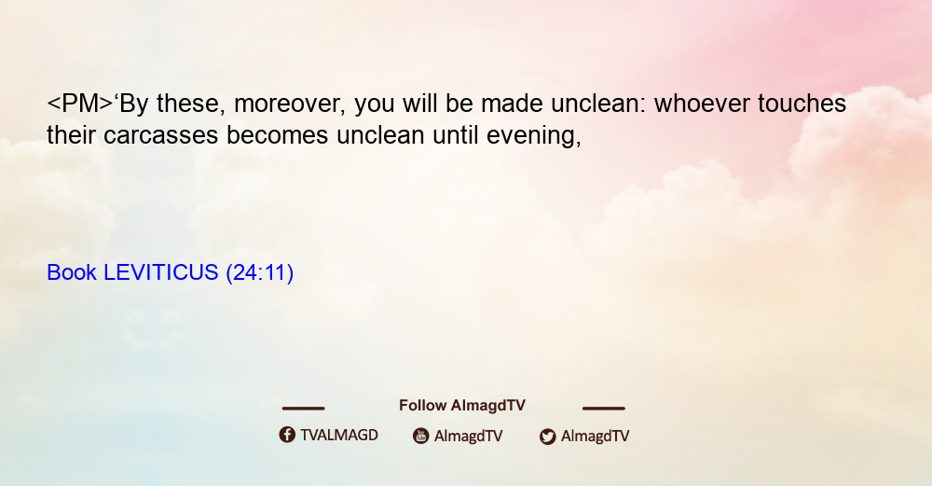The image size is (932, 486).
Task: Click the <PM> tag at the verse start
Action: [79, 104]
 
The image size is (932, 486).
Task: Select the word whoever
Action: [703, 104]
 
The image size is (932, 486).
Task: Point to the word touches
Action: [802, 104]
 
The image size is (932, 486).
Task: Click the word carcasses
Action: [161, 135]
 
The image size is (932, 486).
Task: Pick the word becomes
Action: [278, 135]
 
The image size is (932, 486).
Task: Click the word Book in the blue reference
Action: [72, 272]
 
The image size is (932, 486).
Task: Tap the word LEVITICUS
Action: [161, 272]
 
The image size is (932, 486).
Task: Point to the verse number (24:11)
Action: [260, 273]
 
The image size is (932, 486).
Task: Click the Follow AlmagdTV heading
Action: [462, 406]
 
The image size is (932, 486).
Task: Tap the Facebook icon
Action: [287, 435]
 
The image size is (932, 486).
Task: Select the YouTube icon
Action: [421, 436]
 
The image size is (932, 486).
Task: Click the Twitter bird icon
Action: [547, 437]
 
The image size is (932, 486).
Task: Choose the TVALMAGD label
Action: [339, 436]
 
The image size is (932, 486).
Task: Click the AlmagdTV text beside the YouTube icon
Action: [469, 437]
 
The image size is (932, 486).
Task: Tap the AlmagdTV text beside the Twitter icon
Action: [595, 437]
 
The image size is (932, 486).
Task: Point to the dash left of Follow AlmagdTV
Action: [303, 409]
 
